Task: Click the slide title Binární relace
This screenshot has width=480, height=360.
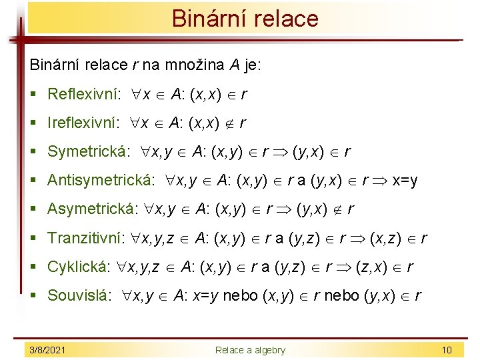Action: click(x=245, y=19)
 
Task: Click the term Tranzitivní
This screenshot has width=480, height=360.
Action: click(x=85, y=238)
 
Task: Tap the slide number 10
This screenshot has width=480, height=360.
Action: click(x=446, y=350)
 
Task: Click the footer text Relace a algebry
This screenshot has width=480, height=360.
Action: click(x=249, y=350)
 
